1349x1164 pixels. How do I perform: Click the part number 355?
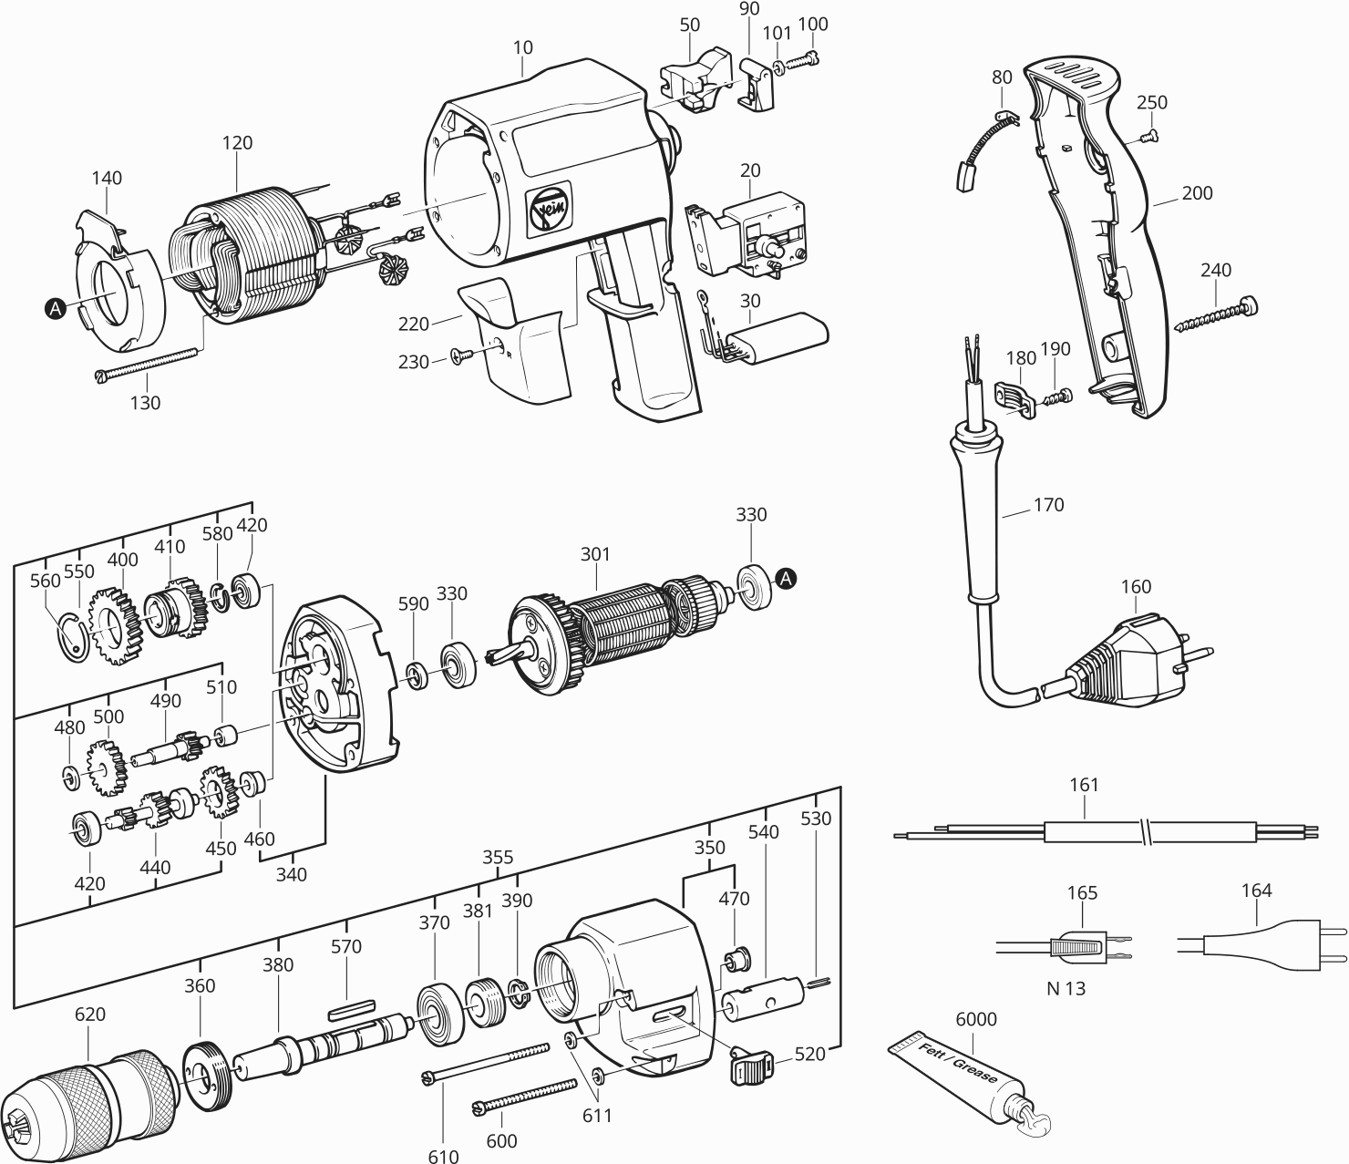pyautogui.click(x=498, y=857)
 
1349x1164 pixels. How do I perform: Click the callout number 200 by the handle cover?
pyautogui.click(x=1197, y=193)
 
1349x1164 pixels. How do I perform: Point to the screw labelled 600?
pyautogui.click(x=524, y=1097)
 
